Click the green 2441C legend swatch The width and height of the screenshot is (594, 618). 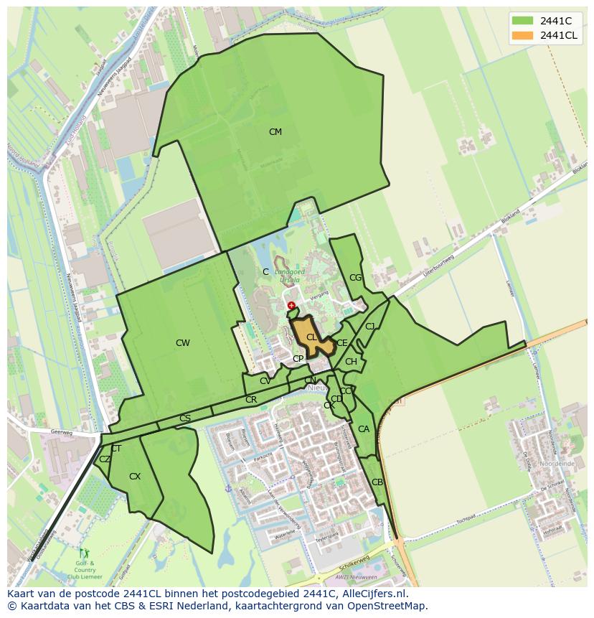click(523, 21)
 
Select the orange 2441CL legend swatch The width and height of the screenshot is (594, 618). click(523, 35)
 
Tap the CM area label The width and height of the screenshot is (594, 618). click(275, 132)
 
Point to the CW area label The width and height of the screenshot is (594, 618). click(183, 343)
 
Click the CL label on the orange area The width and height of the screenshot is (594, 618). click(312, 337)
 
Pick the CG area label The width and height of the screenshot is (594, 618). click(356, 278)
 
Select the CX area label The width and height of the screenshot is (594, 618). click(135, 477)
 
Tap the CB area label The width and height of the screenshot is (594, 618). click(377, 482)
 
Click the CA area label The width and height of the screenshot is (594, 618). click(364, 429)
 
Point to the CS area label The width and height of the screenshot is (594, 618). click(185, 418)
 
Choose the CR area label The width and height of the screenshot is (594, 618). click(251, 400)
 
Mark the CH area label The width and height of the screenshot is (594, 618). click(351, 362)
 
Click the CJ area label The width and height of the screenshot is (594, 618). click(370, 327)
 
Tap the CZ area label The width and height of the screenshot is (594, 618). click(105, 459)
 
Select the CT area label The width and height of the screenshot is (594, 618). click(116, 449)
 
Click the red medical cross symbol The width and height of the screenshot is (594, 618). click(291, 306)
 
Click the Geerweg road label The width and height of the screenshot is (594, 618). click(63, 433)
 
